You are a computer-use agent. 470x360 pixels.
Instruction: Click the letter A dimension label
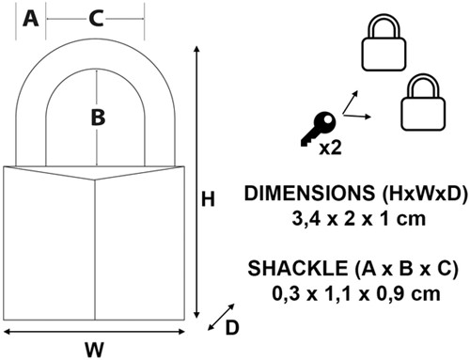31,19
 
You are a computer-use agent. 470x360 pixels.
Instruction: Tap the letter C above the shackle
96,19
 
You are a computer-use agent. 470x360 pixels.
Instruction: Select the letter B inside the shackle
98,117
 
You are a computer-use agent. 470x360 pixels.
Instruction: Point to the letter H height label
208,199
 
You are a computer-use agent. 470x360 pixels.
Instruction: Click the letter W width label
94,350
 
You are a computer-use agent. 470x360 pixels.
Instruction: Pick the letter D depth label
232,328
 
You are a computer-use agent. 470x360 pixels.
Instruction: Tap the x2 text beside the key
330,148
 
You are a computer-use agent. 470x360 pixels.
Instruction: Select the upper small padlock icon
384,43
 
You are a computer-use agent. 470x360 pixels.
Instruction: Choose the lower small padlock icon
423,102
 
